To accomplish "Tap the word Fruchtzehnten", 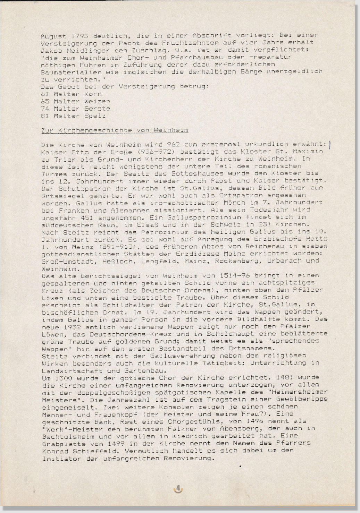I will (185, 43).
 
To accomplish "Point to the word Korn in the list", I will (93, 94).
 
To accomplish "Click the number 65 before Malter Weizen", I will (45, 101).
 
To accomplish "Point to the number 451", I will (86, 218).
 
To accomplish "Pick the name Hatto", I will (316, 239).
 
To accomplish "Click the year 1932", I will (73, 327).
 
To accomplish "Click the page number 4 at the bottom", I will (178, 488).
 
